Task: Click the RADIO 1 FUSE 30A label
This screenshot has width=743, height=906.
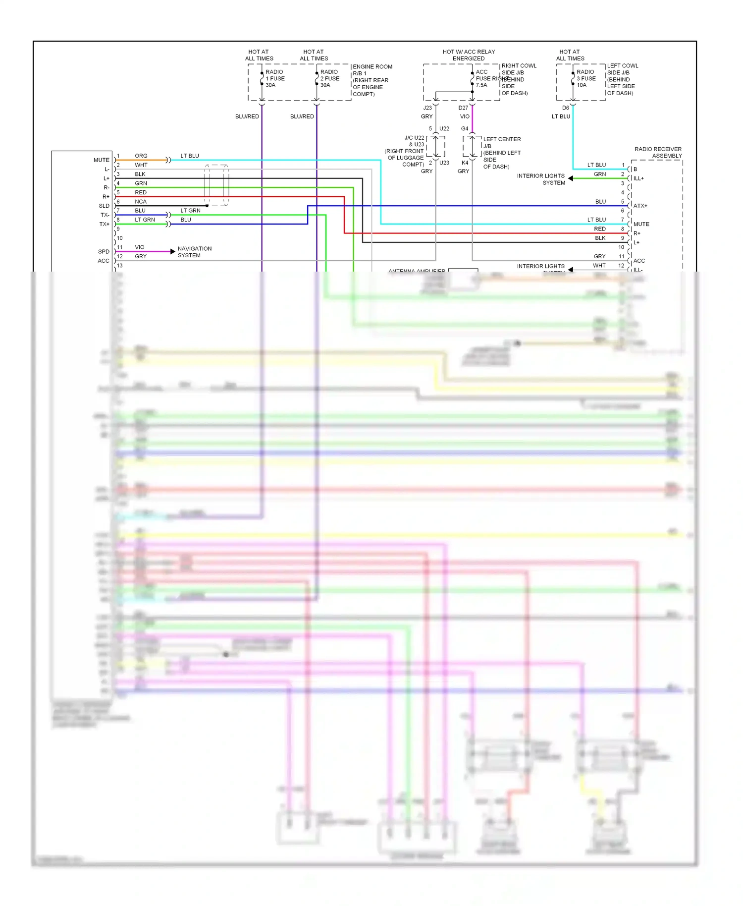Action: (x=275, y=78)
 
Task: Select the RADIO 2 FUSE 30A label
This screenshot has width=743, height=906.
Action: (x=329, y=78)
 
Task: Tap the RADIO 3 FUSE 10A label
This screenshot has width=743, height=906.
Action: (x=586, y=78)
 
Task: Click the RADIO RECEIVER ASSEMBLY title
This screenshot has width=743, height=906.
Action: (x=658, y=152)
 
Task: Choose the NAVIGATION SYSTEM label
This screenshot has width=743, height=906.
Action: (x=194, y=252)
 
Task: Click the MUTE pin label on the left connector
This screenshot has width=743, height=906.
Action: (x=102, y=160)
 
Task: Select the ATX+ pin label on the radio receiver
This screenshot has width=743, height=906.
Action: (x=640, y=206)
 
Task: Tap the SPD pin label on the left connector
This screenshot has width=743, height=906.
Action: (x=104, y=252)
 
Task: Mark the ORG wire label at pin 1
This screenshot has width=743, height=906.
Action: (x=141, y=156)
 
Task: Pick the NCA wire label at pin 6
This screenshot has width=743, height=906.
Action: (x=141, y=202)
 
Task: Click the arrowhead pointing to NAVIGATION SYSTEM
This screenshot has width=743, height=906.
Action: (x=172, y=252)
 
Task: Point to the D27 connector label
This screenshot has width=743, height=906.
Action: (x=463, y=108)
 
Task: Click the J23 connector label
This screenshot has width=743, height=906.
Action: (x=427, y=108)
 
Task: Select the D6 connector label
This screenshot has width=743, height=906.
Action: (x=566, y=108)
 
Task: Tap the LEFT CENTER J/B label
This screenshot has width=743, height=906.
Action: (x=501, y=143)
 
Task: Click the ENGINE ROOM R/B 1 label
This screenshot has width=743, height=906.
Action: (x=372, y=70)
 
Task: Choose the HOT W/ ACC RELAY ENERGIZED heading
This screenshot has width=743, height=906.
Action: (x=469, y=55)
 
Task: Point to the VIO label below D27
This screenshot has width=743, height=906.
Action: (x=465, y=116)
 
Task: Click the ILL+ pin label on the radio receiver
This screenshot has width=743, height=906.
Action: (x=638, y=178)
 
